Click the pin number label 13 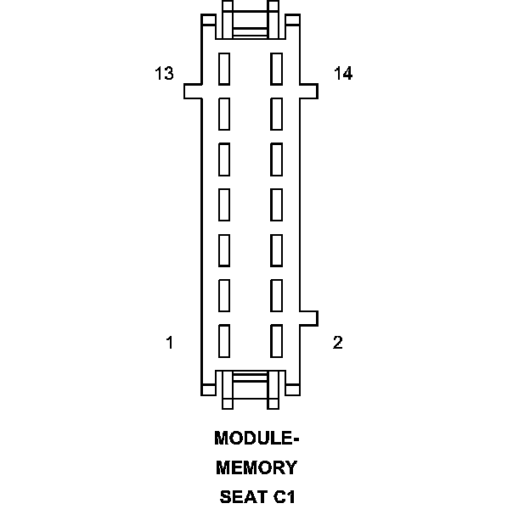tap(164, 74)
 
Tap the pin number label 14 tap(343, 74)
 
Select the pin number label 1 tap(170, 343)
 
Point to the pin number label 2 tap(338, 343)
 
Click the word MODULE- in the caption tap(257, 439)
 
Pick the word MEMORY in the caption tap(257, 467)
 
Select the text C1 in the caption tap(283, 496)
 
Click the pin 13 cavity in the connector tap(225, 68)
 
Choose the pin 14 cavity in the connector tap(276, 68)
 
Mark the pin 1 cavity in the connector tap(225, 339)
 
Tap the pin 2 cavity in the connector tap(276, 339)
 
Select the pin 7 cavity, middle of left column tap(225, 203)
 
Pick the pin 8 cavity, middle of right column tap(276, 203)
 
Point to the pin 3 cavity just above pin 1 tap(225, 294)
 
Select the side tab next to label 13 tap(193, 90)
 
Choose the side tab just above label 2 tap(309, 317)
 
